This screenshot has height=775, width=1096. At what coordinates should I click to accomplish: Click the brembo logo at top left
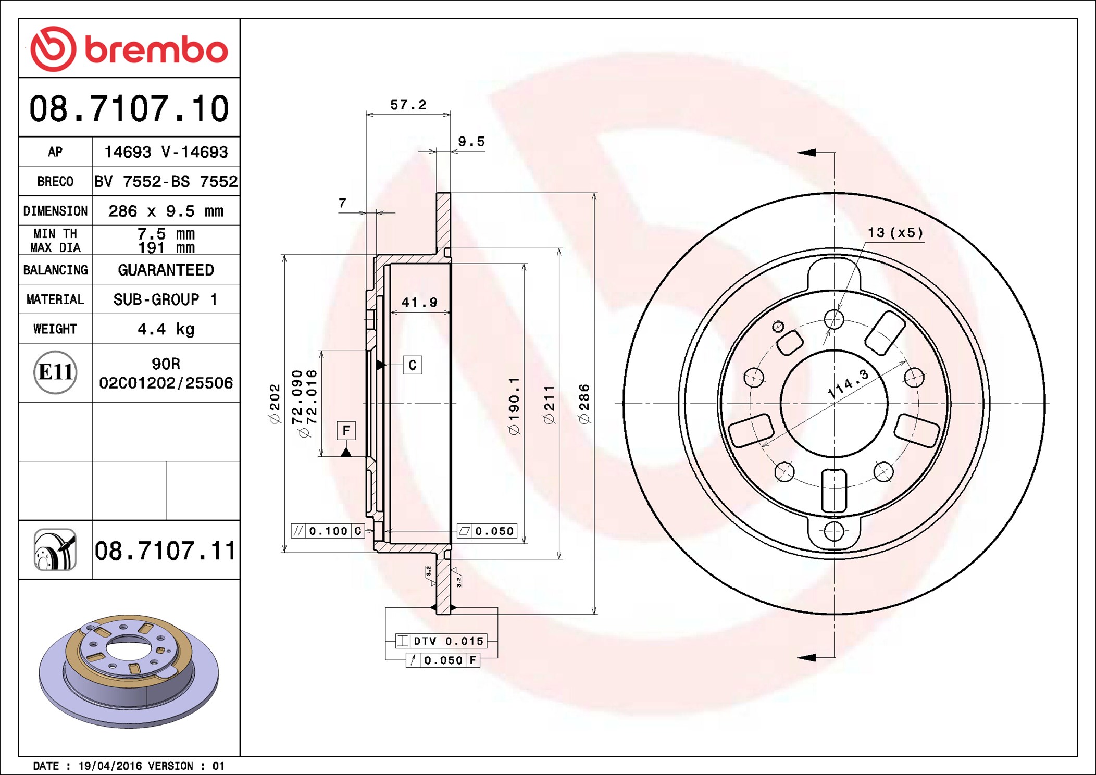129,49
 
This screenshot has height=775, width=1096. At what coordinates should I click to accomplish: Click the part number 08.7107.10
129,109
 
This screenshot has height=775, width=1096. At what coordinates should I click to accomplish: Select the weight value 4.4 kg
166,329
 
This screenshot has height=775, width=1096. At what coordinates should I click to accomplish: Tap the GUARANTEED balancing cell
166,270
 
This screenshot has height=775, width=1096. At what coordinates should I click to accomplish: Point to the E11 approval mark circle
55,372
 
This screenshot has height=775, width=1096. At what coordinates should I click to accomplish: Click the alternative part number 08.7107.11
165,551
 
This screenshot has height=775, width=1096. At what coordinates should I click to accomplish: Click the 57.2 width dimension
408,105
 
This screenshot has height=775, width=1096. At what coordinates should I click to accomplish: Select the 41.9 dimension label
419,302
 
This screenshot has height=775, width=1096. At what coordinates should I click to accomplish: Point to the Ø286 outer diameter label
584,404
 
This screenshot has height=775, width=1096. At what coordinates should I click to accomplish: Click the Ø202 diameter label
275,404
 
